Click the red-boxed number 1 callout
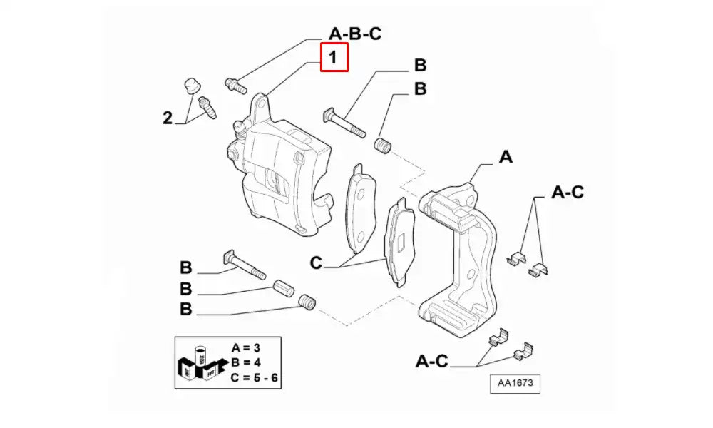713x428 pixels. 334,57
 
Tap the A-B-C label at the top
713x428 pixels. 355,34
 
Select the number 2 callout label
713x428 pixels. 168,118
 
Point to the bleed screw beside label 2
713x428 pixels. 207,107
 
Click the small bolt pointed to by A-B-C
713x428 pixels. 236,85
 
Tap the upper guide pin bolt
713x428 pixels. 344,123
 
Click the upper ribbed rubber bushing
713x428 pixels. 384,145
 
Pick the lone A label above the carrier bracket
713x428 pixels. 506,157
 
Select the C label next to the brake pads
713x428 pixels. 316,263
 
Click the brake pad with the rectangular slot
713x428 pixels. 400,243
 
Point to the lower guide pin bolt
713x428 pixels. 245,265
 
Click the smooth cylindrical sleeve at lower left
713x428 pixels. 284,290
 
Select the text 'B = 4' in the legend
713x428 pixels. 245,362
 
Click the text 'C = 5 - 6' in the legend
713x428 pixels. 254,377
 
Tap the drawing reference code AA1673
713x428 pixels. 515,383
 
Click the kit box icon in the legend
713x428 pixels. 200,364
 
